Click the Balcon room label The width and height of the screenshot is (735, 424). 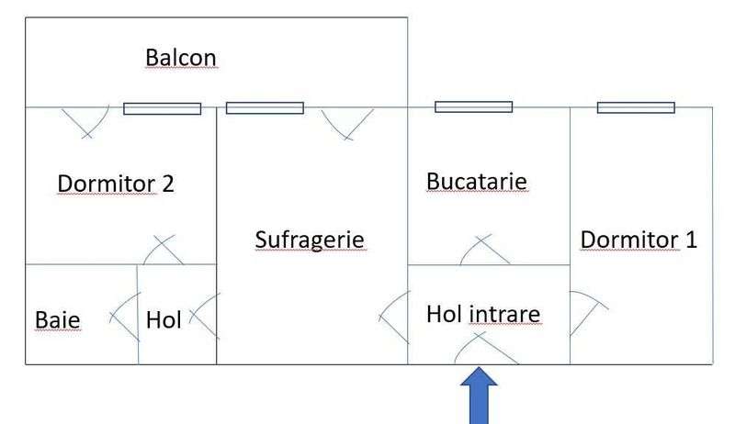point(181,58)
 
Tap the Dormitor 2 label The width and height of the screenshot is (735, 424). point(116,184)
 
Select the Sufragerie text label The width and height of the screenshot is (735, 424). point(310,240)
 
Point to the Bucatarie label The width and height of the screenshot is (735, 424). point(477,182)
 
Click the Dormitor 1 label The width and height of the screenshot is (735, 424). point(639,240)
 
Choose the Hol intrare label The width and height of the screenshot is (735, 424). point(483,314)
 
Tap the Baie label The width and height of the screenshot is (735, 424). point(57,320)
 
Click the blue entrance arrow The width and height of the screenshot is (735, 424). point(479,396)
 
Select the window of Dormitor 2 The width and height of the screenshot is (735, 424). point(163,108)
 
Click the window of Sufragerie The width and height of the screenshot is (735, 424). point(265,108)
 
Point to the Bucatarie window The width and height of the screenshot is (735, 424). point(474,107)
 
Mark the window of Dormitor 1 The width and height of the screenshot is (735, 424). point(636,107)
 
